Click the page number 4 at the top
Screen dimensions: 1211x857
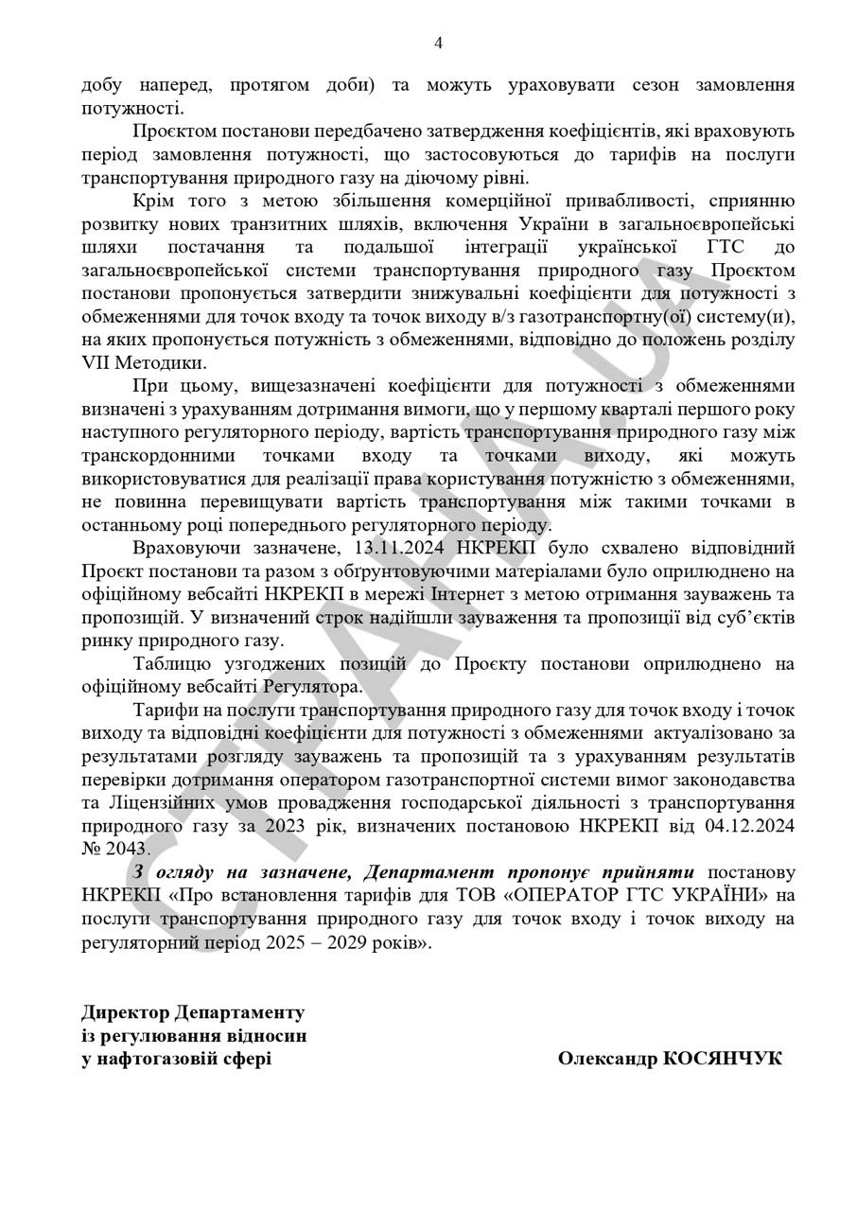pyautogui.click(x=438, y=43)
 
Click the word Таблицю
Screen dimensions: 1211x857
pyautogui.click(x=171, y=663)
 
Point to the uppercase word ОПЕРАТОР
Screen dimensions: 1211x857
pyautogui.click(x=573, y=894)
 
